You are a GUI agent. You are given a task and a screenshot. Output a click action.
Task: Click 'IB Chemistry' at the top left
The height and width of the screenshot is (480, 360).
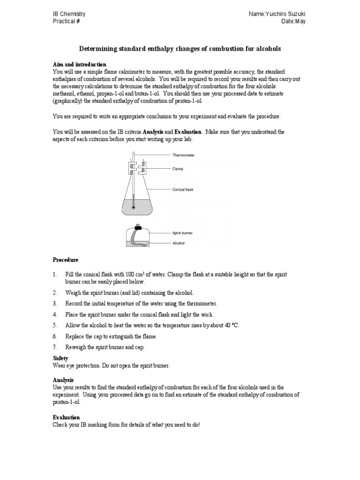click(x=69, y=15)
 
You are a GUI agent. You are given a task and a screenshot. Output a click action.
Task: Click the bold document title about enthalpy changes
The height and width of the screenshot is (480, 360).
click(x=180, y=49)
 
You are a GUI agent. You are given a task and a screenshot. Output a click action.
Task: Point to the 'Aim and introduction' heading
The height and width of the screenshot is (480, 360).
click(x=79, y=64)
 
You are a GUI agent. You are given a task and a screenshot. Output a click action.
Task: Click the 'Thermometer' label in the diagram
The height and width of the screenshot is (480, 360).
click(x=184, y=155)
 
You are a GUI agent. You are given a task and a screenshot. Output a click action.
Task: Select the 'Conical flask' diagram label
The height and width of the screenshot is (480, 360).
click(x=183, y=190)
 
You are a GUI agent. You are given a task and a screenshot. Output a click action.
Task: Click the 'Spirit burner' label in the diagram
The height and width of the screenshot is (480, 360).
click(x=183, y=232)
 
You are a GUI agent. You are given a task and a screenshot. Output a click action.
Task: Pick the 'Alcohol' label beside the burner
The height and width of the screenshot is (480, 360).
click(x=180, y=243)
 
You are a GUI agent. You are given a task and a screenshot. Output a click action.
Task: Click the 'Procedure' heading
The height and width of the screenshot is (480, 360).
click(x=66, y=260)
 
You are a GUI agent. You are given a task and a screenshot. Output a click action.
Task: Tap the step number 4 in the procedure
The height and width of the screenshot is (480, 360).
click(x=55, y=315)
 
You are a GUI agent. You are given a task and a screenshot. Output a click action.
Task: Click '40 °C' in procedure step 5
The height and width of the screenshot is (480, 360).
click(x=230, y=325)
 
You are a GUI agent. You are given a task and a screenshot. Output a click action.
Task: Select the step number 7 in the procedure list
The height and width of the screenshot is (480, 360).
click(x=55, y=347)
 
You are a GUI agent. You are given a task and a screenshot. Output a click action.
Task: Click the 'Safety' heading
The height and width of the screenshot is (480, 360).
click(x=61, y=358)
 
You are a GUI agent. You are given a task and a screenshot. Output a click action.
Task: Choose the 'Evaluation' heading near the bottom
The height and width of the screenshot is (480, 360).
click(x=66, y=417)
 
